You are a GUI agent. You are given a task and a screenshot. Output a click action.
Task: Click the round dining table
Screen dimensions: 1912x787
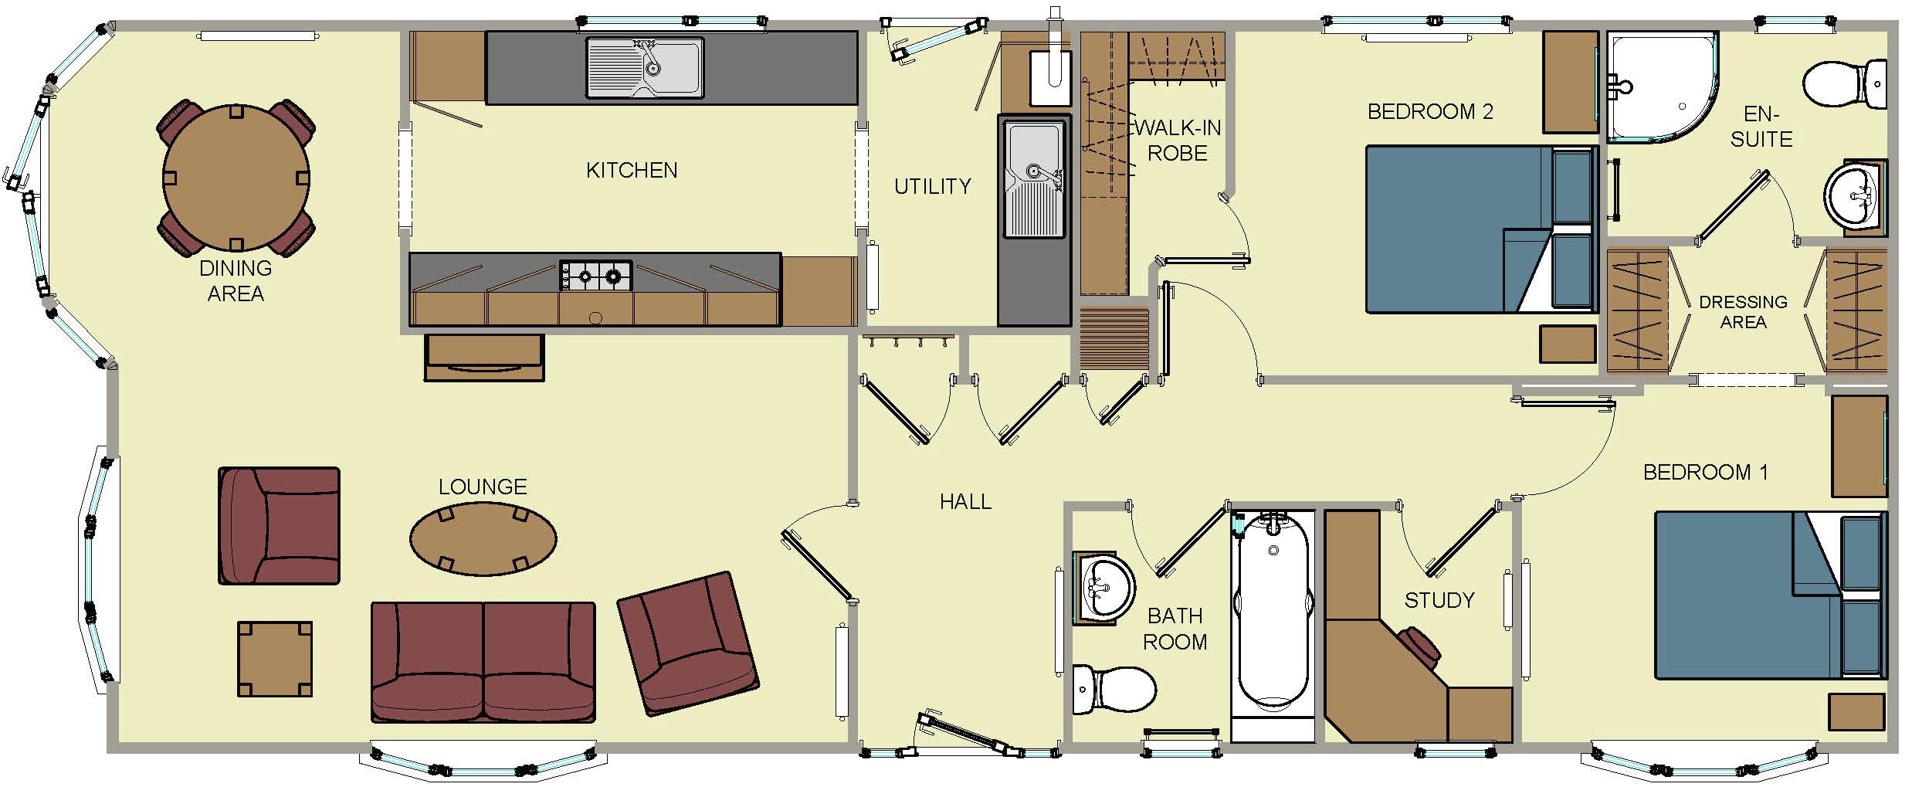click(236, 177)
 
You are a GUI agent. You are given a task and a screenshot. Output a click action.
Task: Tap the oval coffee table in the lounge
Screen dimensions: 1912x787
click(483, 539)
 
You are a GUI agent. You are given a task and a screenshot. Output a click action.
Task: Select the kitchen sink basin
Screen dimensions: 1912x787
click(644, 67)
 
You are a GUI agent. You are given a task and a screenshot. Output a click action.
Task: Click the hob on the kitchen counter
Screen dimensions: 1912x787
click(595, 276)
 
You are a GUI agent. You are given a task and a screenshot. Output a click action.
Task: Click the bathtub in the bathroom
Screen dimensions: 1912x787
click(1272, 612)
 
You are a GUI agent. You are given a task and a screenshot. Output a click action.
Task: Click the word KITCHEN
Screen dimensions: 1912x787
click(632, 170)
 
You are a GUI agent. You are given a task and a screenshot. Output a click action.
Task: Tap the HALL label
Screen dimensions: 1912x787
click(965, 502)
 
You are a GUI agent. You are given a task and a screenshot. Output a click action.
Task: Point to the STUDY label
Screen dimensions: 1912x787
click(1439, 600)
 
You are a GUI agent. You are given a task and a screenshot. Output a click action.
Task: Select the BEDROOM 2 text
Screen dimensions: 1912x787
click(1430, 112)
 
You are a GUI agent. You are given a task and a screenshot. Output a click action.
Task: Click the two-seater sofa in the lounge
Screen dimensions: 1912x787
click(483, 662)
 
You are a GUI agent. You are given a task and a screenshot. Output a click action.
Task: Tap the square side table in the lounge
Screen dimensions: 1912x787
click(275, 660)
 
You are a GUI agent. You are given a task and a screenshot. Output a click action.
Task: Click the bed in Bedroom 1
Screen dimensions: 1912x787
click(1771, 595)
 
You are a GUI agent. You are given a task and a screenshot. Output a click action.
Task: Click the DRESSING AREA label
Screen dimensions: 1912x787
click(1743, 311)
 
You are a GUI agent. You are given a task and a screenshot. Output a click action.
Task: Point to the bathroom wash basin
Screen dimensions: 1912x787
click(1104, 588)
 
